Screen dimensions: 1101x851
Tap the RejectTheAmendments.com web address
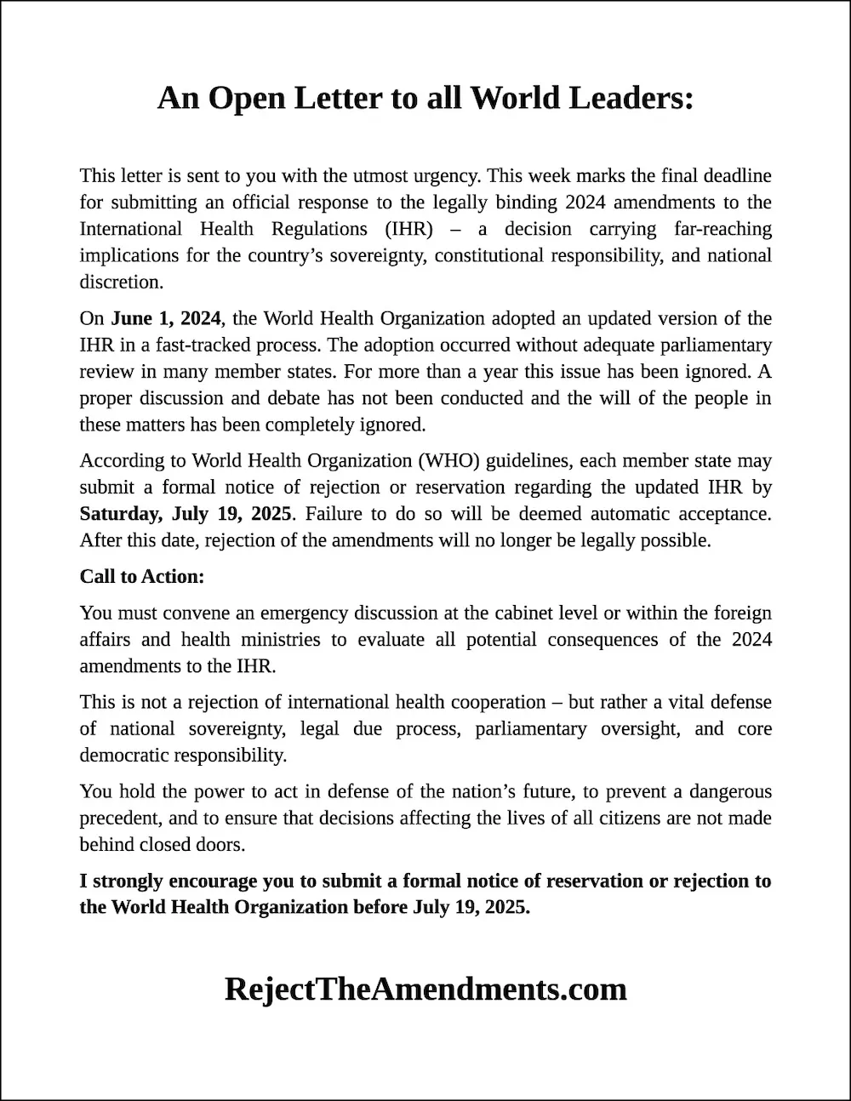click(425, 989)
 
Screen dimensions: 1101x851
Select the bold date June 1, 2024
click(166, 319)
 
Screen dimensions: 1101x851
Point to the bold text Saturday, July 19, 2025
click(186, 514)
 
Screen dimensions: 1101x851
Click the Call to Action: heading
click(142, 577)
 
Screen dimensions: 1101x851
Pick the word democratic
click(124, 756)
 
